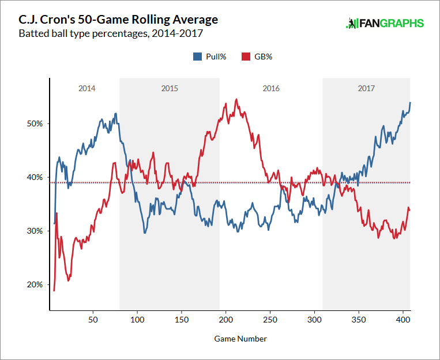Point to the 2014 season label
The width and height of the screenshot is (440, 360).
coord(87,88)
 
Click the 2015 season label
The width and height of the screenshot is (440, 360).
coord(170,88)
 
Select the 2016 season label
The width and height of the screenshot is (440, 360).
coord(271,88)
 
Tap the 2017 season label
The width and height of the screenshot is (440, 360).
coord(366,88)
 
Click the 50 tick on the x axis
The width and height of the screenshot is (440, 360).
coord(93,318)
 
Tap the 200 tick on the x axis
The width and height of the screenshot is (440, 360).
coord(225,318)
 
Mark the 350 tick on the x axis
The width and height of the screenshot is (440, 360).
coord(358,318)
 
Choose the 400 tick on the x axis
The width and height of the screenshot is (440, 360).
coord(403,318)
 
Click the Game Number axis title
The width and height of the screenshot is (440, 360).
coord(242,339)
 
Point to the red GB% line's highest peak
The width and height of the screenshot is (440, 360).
coord(237,99)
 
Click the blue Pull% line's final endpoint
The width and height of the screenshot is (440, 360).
coord(410,103)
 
